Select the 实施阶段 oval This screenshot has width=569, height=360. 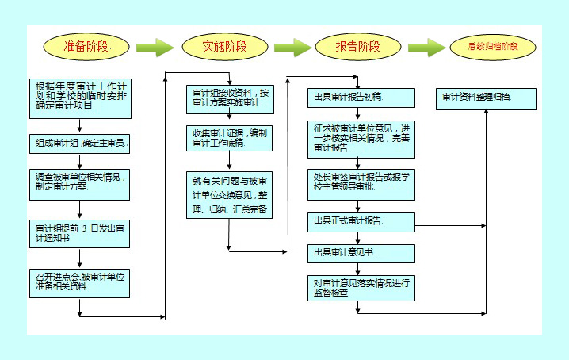(225, 46)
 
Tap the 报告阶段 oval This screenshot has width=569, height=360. (357, 46)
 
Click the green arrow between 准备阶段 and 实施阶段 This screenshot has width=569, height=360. (155, 47)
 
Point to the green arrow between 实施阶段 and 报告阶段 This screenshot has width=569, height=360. (292, 47)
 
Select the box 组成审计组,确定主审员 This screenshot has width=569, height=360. (78, 144)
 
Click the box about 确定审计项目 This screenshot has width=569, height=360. (78, 96)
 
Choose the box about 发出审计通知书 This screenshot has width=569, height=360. (78, 231)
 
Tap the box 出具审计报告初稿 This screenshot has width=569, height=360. (361, 98)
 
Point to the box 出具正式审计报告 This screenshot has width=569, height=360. (361, 220)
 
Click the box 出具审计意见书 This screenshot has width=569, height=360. (361, 252)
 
